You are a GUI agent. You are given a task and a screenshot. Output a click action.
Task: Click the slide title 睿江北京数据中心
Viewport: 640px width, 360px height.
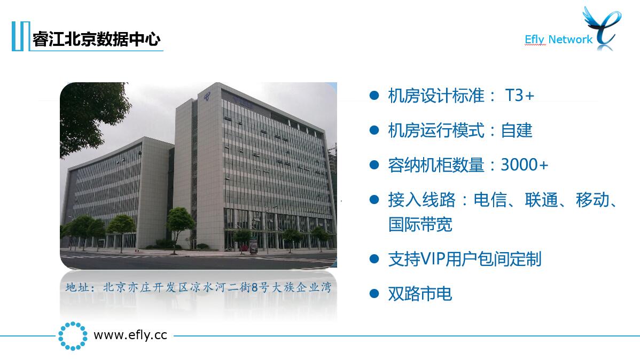point(96,39)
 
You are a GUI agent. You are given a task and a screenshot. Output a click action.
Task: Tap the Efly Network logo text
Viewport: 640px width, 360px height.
point(558,39)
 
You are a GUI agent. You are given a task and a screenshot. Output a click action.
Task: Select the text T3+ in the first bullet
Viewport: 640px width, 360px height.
point(520,96)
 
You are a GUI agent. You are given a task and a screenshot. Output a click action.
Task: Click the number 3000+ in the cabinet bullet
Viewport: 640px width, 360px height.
point(525,165)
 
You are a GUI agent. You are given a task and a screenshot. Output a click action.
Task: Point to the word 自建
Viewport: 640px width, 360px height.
point(517,131)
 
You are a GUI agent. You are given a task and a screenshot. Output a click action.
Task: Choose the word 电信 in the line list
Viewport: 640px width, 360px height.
point(490,200)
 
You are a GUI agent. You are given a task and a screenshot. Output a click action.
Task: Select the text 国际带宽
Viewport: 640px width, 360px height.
point(420,224)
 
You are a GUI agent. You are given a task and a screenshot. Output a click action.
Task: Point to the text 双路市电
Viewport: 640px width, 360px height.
point(420,294)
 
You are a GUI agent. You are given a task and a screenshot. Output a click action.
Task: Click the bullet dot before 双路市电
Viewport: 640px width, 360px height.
point(374,294)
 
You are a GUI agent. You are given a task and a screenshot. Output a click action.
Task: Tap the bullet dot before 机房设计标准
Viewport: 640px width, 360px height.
point(374,96)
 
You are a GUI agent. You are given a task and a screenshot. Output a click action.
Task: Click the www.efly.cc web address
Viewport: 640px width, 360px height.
point(130,335)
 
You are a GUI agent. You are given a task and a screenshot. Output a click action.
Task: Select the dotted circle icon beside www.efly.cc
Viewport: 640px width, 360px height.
point(73,336)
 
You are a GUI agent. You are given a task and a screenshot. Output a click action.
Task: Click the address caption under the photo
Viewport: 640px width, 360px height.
point(198,287)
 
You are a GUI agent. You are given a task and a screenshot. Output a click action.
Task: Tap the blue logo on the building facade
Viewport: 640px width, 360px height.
point(207,97)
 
